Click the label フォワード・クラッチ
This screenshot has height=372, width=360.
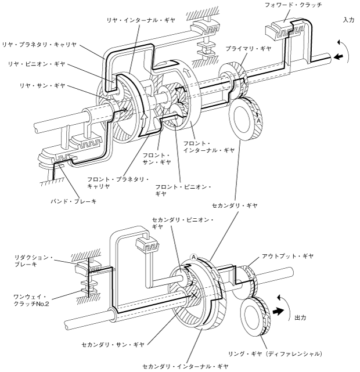pyautogui.click(x=297, y=5)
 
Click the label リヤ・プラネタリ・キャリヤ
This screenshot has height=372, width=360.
pyautogui.click(x=43, y=44)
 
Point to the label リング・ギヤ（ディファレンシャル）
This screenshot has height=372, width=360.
pyautogui.click(x=290, y=353)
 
